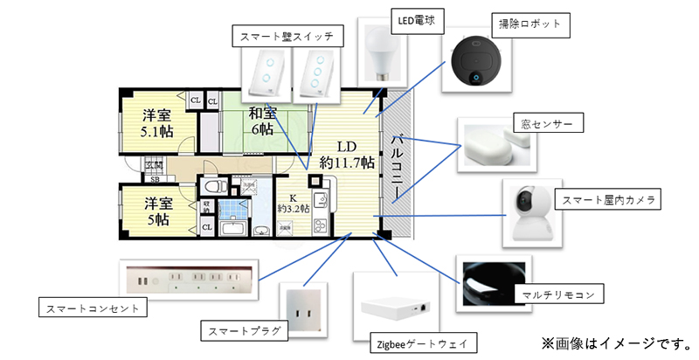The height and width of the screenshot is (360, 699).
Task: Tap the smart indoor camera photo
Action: (533, 211)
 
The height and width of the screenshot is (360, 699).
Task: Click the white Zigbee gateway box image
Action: (396, 305)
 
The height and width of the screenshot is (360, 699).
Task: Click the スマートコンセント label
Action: (93, 308)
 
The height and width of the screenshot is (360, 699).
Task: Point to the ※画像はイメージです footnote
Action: (617, 341)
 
